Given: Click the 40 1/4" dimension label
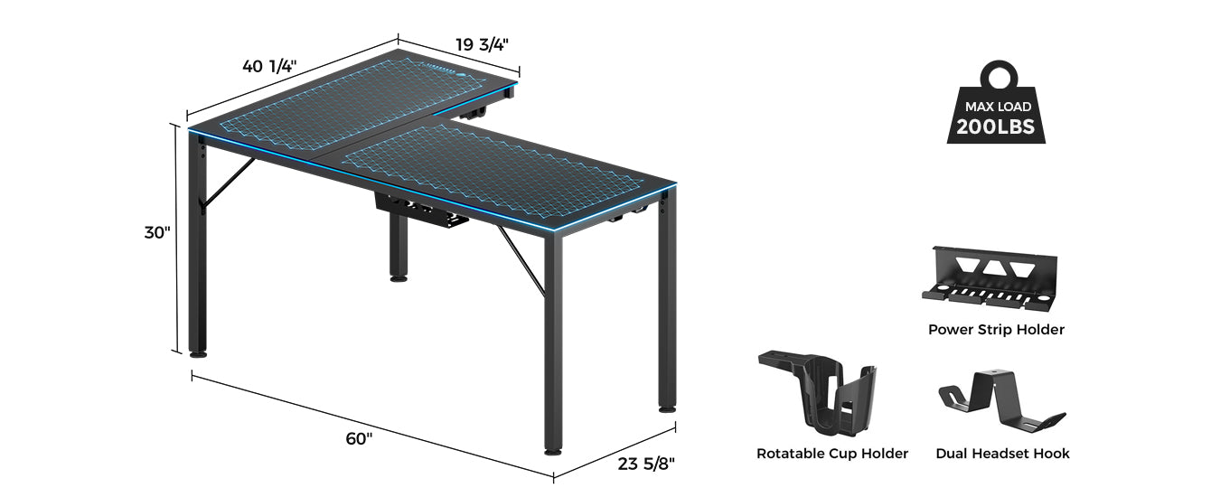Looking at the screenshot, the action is (x=269, y=67).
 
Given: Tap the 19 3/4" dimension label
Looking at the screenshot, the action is (x=482, y=44).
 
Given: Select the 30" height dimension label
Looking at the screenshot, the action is (x=156, y=232).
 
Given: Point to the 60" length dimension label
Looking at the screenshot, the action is (x=359, y=438).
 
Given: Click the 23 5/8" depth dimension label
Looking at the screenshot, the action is (x=646, y=464).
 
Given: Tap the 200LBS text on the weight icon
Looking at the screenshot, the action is (x=995, y=127).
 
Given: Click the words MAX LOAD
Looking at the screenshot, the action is (x=998, y=107).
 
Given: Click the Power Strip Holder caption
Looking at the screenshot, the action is (x=996, y=329).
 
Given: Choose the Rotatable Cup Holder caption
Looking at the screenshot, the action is (x=832, y=454).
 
